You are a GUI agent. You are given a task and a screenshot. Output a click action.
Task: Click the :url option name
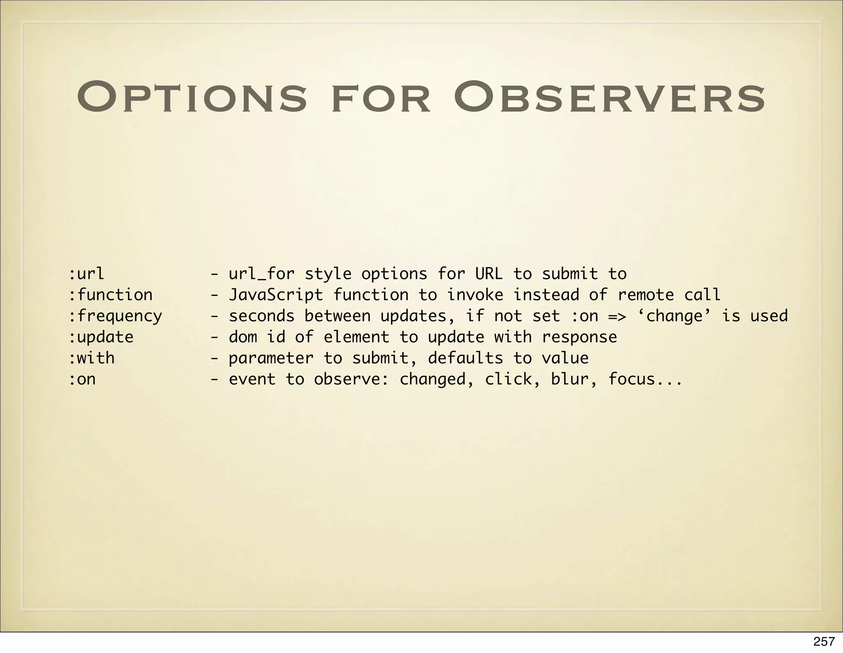(x=86, y=274)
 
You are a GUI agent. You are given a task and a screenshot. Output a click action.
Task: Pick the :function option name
(x=110, y=295)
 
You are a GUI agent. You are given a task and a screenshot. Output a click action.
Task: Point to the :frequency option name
(x=115, y=316)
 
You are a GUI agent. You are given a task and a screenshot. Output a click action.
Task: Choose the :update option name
(x=101, y=337)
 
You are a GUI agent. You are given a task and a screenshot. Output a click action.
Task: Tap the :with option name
(x=91, y=358)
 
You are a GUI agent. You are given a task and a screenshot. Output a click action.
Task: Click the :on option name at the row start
(x=82, y=379)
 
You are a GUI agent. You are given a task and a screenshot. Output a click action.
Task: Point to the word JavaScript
(x=276, y=295)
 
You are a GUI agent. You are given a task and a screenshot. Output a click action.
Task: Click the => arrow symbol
(x=617, y=316)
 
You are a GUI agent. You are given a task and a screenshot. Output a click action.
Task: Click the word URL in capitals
(x=489, y=274)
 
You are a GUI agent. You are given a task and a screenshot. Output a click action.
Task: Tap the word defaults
(x=465, y=358)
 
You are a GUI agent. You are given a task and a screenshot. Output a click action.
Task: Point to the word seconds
(x=262, y=316)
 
